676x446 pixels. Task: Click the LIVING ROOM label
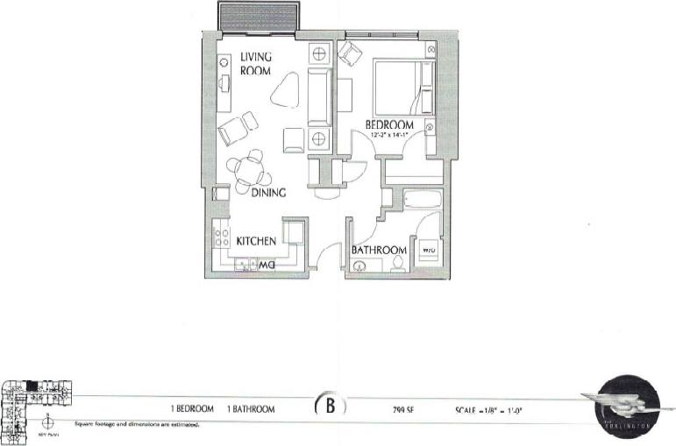[257, 64]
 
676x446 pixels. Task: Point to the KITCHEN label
[257, 240]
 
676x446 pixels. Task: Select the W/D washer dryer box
[430, 250]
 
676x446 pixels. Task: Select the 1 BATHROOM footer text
[250, 409]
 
